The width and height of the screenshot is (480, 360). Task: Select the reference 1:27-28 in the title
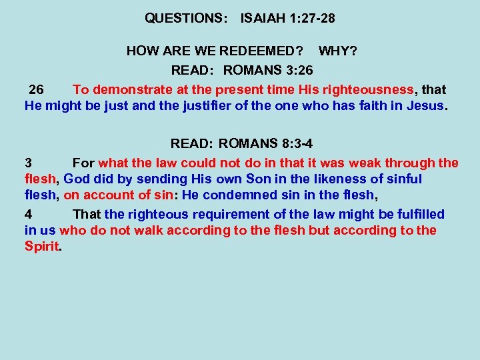[313, 19]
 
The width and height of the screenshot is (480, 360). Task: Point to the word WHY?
[337, 51]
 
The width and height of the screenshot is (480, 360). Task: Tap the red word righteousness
[360, 89]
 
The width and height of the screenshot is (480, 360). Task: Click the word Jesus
[425, 105]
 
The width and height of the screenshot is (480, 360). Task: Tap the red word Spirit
[41, 247]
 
